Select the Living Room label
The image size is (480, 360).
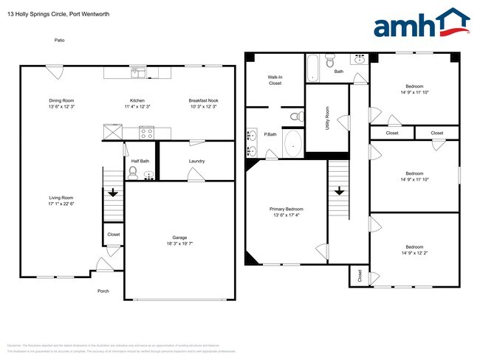(61, 198)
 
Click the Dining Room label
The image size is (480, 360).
(61, 100)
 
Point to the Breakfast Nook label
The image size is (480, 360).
(203, 100)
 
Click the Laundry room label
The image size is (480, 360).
(196, 162)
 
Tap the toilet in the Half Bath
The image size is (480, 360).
(133, 173)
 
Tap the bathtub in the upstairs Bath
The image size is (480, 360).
(313, 68)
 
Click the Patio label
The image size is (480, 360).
(59, 40)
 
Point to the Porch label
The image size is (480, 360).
(103, 291)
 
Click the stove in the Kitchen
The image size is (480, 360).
(146, 134)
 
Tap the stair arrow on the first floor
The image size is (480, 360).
(112, 193)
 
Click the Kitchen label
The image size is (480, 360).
(137, 100)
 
